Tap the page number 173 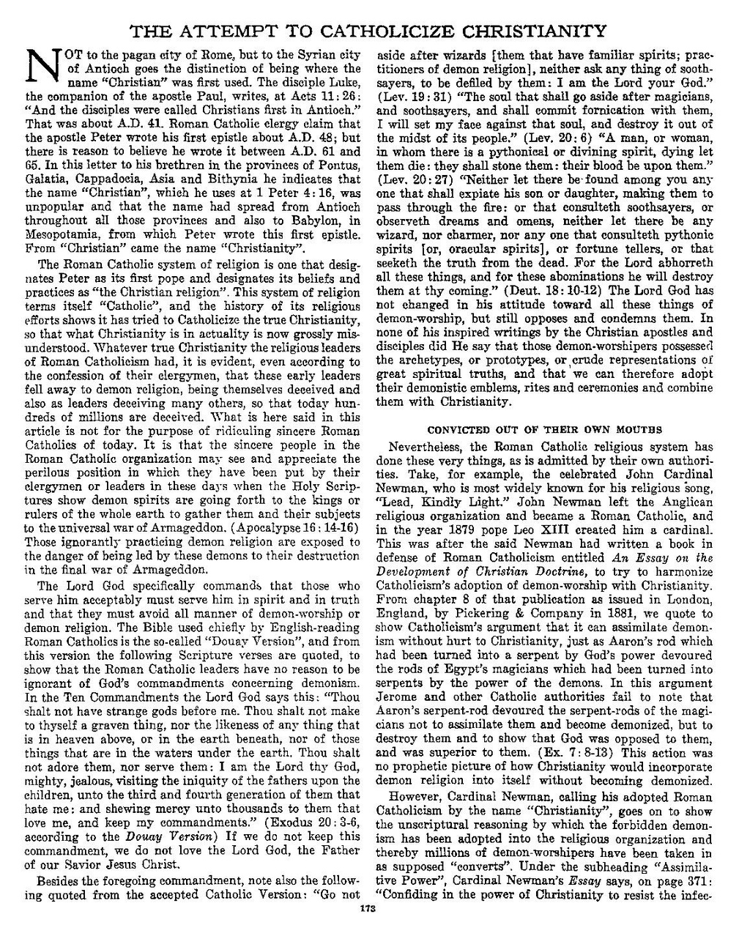[368, 910]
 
